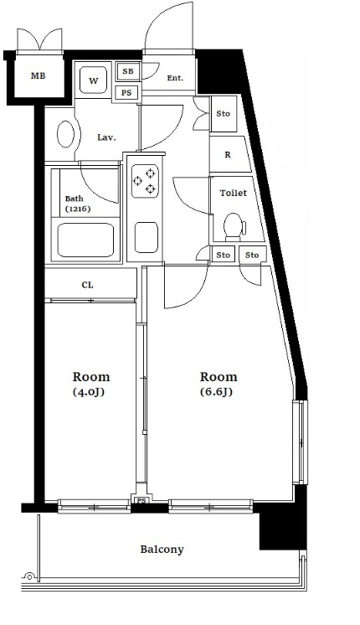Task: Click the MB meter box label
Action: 39,75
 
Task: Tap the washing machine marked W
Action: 93,80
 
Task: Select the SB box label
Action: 128,71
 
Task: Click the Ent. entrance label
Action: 175,78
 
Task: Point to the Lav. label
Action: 106,138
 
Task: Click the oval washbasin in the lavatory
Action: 65,134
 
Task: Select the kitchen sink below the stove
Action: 147,238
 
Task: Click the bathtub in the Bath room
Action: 85,240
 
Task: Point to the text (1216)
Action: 78,209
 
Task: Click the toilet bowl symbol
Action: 234,227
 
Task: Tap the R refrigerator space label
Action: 228,155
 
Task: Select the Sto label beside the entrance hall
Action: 223,114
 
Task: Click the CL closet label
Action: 88,285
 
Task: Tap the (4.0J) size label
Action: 89,392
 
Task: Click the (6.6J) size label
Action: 216,392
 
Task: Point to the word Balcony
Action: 162,550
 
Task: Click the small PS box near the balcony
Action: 141,500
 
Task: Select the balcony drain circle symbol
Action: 28,576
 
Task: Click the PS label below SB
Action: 126,93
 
